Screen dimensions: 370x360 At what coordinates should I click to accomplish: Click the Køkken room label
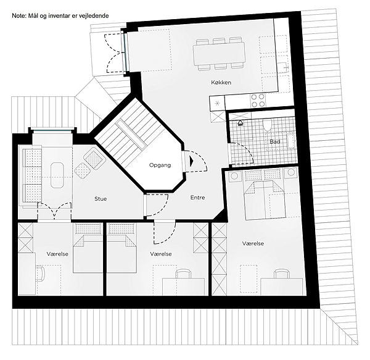tap(221, 83)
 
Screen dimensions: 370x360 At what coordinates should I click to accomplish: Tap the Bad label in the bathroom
tap(275, 141)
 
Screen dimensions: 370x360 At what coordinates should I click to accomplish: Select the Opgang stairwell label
tap(160, 165)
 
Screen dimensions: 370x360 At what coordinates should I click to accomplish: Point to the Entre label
tap(197, 198)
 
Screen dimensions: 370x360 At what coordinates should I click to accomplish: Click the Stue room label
tap(101, 199)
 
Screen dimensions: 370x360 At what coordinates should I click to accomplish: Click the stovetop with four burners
tap(258, 101)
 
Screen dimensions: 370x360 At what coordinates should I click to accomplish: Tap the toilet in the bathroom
tap(267, 124)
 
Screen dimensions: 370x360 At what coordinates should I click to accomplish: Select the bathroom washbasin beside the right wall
tap(290, 141)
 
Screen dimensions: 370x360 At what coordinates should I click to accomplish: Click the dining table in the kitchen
tap(219, 54)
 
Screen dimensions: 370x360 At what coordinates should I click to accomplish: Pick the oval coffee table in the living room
tap(57, 175)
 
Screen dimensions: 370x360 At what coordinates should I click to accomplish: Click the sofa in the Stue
tap(32, 176)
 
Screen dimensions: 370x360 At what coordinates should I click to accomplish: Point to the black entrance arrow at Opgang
tap(191, 161)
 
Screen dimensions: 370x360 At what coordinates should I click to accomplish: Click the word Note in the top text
tap(17, 16)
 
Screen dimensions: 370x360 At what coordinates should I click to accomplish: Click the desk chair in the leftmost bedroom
tap(40, 273)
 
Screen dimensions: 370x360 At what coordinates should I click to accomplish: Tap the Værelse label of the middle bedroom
tap(161, 254)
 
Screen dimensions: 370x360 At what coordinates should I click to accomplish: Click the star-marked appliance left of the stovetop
tap(217, 104)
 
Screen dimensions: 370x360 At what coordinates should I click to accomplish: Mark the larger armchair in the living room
tap(94, 158)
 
